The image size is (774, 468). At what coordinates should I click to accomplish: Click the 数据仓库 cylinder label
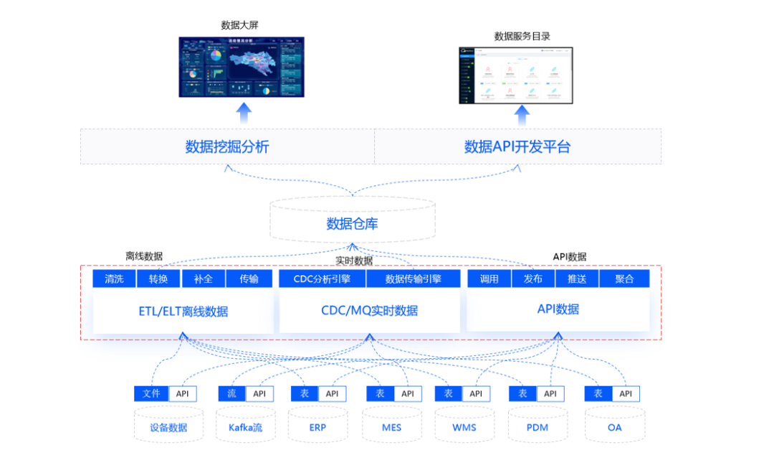[x=352, y=224]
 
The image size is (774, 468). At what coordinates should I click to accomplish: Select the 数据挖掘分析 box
[x=227, y=147]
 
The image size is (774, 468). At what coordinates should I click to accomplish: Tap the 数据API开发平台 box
[x=517, y=147]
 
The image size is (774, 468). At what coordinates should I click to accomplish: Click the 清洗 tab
[x=114, y=279]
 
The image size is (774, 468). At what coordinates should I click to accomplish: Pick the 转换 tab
[x=158, y=279]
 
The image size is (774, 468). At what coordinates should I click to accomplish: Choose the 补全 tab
[x=203, y=279]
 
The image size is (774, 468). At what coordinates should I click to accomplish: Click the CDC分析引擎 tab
[x=322, y=279]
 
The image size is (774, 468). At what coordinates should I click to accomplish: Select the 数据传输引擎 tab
[x=413, y=279]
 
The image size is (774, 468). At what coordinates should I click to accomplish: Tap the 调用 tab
[x=489, y=279]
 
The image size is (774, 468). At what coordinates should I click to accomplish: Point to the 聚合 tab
[x=624, y=279]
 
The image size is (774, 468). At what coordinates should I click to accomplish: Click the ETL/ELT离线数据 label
[x=183, y=311]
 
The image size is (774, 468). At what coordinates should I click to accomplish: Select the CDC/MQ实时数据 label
[x=369, y=311]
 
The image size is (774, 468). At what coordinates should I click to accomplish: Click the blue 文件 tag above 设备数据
[x=151, y=393]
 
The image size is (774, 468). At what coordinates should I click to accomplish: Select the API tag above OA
[x=626, y=393]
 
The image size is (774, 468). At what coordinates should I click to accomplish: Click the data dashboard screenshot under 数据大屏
[x=242, y=67]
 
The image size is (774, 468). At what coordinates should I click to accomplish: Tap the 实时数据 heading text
[x=354, y=261]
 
